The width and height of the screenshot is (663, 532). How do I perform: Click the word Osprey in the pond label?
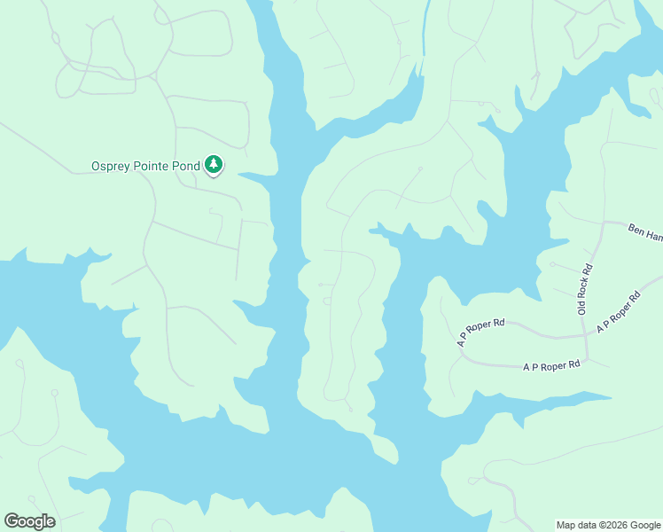tap(111, 166)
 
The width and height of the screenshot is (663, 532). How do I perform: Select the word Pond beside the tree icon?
tap(185, 166)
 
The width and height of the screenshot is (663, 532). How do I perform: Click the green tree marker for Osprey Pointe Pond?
tap(214, 164)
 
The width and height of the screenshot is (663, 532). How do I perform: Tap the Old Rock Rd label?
tap(584, 289)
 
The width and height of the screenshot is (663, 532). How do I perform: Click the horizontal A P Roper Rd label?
tap(551, 365)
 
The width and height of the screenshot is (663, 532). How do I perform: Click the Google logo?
tap(29, 521)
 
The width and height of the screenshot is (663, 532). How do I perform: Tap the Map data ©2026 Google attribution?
tap(609, 525)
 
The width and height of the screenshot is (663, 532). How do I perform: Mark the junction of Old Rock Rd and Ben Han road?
tap(604, 222)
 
